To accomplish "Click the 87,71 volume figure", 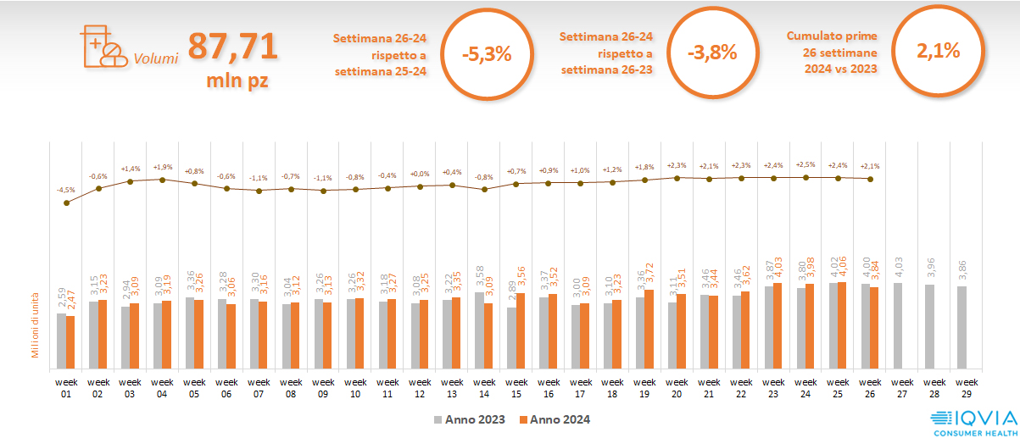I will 232,46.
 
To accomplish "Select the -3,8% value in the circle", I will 712,53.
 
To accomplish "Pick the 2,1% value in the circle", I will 938,51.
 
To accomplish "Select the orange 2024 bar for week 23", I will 778,326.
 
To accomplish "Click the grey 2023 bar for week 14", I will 479,331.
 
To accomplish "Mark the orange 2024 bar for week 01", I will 70,343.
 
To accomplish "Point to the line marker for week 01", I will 67,202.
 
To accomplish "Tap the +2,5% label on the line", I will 805,164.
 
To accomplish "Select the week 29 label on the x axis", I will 963,387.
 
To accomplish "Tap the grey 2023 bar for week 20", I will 672,336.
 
